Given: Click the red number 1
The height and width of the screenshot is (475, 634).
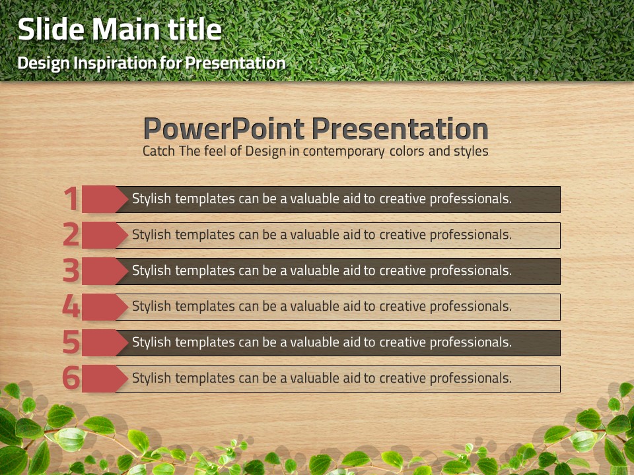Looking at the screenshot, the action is click(72, 199).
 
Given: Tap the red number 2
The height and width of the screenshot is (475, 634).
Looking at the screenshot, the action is click(71, 234).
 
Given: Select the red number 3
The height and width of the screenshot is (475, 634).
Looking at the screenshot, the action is click(71, 270).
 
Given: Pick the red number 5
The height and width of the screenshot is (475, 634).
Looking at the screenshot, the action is click(71, 342).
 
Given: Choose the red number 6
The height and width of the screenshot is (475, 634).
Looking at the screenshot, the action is click(71, 378).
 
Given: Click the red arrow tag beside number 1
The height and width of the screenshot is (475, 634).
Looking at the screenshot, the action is click(105, 199).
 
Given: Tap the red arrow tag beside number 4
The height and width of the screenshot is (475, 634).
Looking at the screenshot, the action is click(105, 307).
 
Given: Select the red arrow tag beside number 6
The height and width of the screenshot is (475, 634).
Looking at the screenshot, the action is click(105, 379).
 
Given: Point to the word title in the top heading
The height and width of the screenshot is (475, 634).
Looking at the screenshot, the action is click(195, 30).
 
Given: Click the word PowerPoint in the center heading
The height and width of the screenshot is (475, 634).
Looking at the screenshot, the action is click(224, 129).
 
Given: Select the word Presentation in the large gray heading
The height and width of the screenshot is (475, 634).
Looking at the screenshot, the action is click(400, 129).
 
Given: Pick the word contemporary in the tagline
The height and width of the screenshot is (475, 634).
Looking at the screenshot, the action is click(343, 152).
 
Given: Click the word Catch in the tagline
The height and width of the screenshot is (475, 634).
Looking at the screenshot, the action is click(159, 151).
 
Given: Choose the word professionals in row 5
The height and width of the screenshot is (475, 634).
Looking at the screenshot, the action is click(471, 342).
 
